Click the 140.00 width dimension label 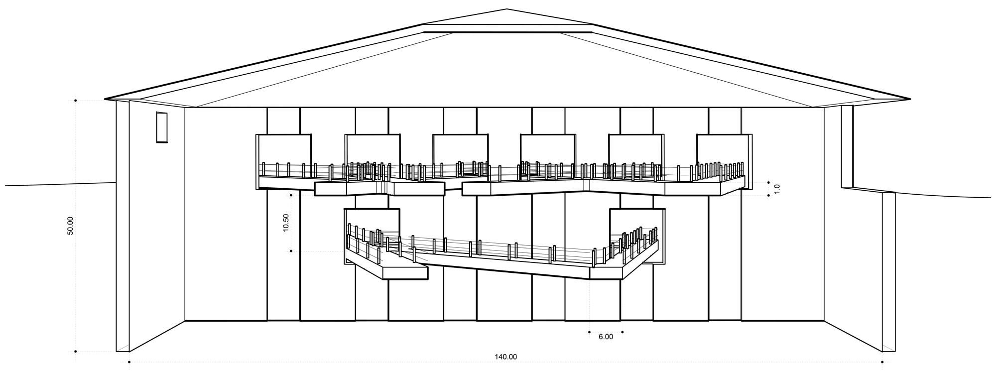pos(505,357)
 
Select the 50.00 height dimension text pos(70,226)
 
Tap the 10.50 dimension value pos(286,223)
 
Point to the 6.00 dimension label pos(606,337)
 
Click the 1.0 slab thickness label pos(777,189)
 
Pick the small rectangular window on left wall pos(162,127)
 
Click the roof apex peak pos(506,9)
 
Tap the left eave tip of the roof pos(106,99)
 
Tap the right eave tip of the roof pos(910,99)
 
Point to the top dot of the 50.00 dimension pos(76,101)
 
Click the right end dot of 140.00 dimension pos(882,362)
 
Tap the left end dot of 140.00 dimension pos(129,362)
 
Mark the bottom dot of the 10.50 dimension pos(291,251)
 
